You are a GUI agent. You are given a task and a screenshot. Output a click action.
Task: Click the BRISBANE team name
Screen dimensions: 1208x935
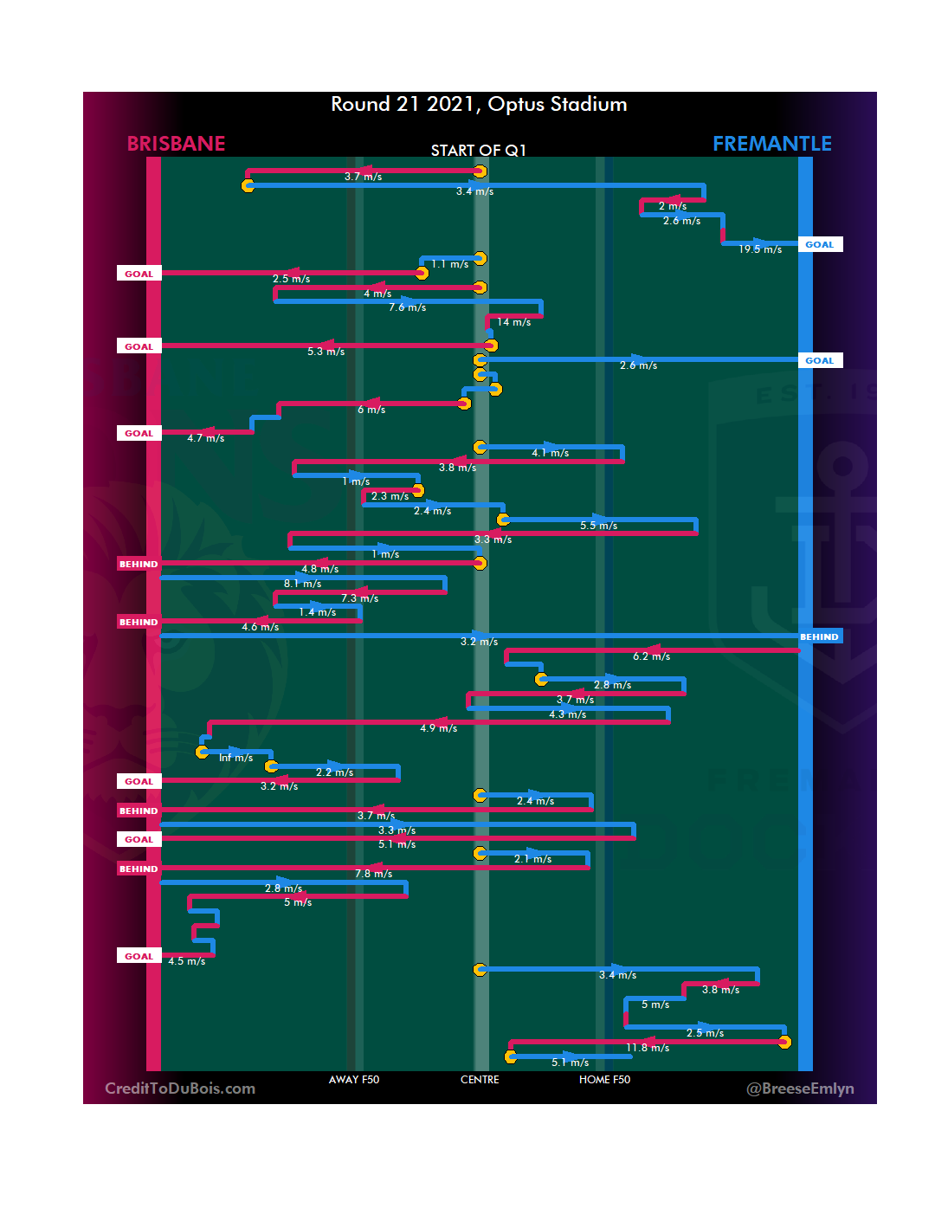(x=176, y=144)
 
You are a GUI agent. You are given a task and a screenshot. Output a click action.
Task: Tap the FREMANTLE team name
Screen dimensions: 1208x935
(x=771, y=144)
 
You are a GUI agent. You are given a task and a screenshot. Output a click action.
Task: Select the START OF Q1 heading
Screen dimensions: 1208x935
(x=478, y=151)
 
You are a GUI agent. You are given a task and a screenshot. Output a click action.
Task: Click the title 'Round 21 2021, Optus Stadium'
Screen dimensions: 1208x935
(x=479, y=104)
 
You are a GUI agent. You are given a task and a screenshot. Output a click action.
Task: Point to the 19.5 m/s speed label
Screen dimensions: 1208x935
(x=760, y=249)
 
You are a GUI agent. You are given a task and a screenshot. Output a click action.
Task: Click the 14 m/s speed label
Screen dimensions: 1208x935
(x=513, y=322)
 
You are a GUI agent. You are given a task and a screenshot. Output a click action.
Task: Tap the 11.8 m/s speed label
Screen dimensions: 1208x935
(x=648, y=1048)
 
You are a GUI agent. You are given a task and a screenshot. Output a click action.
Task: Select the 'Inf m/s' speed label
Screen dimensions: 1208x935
(x=235, y=758)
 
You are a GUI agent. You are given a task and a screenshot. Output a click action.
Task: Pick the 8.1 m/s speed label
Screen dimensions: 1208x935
(x=302, y=584)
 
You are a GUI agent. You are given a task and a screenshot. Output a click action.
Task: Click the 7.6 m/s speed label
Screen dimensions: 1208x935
(x=407, y=307)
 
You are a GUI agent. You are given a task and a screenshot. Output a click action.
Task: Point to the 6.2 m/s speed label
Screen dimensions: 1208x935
(x=651, y=656)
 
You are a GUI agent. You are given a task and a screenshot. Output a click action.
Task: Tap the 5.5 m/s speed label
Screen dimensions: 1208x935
(x=598, y=526)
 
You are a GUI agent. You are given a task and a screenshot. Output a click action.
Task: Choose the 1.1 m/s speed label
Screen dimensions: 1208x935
(x=450, y=264)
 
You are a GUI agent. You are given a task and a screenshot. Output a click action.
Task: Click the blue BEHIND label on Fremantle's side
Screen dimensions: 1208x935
(x=819, y=637)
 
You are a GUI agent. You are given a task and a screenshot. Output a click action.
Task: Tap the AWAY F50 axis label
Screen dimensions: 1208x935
(x=354, y=1080)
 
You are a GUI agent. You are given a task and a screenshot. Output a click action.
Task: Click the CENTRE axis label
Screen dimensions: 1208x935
(x=480, y=1080)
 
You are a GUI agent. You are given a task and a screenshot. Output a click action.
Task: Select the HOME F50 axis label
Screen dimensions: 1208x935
(x=604, y=1080)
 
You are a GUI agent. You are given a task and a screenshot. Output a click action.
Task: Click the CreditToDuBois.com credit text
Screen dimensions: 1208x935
(x=180, y=1088)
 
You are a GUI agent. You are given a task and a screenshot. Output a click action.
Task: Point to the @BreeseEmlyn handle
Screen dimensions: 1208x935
(x=800, y=1088)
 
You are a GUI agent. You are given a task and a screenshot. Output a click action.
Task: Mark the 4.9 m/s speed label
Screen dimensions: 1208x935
(x=438, y=728)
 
